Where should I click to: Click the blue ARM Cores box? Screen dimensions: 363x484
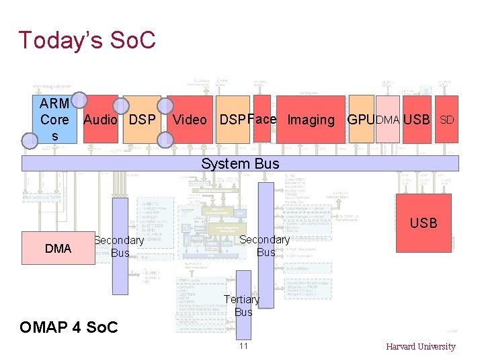click(x=54, y=120)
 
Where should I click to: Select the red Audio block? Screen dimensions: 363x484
click(x=100, y=120)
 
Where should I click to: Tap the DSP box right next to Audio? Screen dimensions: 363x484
click(x=142, y=120)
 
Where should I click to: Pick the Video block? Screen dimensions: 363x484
click(x=190, y=120)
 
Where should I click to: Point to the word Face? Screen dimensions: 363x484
click(x=262, y=119)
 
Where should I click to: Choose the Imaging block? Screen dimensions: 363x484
click(x=311, y=120)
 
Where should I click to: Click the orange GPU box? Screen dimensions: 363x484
click(x=360, y=120)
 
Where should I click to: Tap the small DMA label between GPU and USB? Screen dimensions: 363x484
click(x=387, y=120)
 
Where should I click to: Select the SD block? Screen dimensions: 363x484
click(x=447, y=120)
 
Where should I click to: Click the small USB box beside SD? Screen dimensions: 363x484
click(x=416, y=120)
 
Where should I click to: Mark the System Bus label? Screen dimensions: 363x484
click(x=240, y=163)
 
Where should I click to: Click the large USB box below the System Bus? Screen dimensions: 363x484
click(x=424, y=223)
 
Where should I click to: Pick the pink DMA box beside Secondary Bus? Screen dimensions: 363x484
click(x=58, y=249)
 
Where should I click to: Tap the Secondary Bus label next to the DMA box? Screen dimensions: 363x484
click(x=119, y=247)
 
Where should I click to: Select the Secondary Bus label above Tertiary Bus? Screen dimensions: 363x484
click(x=265, y=245)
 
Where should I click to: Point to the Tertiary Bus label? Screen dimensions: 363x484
click(x=242, y=305)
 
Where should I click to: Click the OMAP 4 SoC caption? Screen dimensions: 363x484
click(x=69, y=327)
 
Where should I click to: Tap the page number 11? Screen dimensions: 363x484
click(x=243, y=346)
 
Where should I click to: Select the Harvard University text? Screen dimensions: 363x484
click(x=420, y=347)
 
